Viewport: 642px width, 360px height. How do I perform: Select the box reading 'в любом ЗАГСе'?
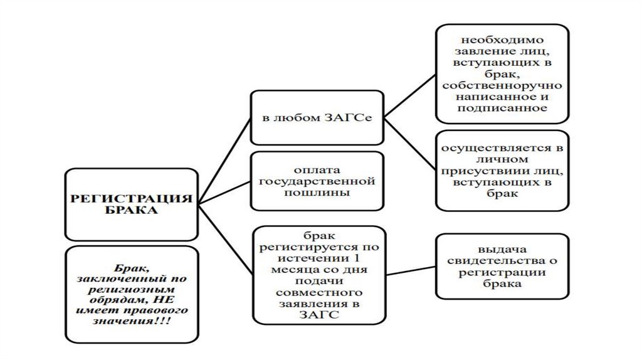click(317, 118)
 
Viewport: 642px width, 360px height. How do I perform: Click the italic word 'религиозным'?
click(130, 290)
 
